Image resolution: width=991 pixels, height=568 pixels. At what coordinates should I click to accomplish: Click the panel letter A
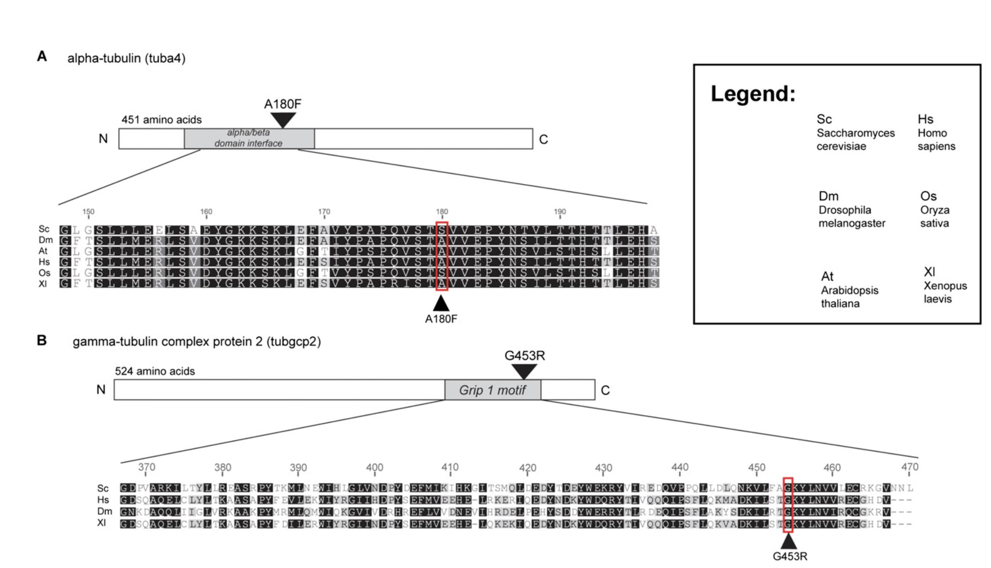coord(42,56)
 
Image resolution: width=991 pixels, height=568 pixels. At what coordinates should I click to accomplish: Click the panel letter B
coord(42,340)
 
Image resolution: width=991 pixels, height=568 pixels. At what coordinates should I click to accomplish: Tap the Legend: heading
coord(753,93)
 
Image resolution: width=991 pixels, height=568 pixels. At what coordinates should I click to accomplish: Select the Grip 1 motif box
coord(492,390)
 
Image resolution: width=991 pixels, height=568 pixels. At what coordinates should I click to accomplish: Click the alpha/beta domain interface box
coord(249,138)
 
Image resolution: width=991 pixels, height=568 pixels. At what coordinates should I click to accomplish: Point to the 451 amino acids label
coord(161,120)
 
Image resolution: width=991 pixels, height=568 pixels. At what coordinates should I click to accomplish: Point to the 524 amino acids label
coord(155,371)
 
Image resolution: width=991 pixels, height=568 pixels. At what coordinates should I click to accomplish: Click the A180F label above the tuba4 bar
coord(282,104)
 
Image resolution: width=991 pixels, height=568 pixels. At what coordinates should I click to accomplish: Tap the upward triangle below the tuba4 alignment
coord(441,303)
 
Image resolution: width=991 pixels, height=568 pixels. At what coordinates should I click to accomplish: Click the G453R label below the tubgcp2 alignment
coord(790,556)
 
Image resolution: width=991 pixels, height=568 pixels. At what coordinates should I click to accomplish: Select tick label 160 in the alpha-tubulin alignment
coord(206,212)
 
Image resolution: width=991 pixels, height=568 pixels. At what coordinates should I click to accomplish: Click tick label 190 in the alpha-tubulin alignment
coord(560,212)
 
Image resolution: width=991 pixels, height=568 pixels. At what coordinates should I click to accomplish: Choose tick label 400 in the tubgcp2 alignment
coord(375,467)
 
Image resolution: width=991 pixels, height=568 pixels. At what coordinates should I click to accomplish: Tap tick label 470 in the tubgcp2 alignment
coord(910,467)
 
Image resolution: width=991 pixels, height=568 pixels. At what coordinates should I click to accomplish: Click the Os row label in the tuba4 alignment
coord(44,273)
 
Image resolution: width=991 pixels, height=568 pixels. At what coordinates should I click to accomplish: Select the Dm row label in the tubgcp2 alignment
coord(104,511)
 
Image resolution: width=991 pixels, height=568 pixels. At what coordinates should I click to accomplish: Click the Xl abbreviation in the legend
coord(930,271)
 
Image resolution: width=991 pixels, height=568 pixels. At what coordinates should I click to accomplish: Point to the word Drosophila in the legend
coord(845,210)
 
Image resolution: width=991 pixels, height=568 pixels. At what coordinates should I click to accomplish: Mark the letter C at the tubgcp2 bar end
coord(605,390)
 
